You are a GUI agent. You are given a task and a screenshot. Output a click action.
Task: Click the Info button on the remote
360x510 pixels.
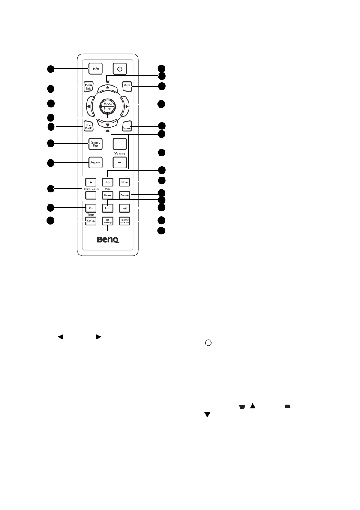[95, 68]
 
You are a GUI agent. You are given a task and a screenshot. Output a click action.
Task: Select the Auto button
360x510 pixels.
[127, 85]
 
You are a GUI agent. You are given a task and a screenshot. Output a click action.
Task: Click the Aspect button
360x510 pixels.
[95, 162]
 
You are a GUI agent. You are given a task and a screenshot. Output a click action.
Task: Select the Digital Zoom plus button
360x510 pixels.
[90, 182]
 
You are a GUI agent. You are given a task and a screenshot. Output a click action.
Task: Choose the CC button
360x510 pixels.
[108, 208]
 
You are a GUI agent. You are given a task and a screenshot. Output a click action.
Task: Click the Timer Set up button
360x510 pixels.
[91, 221]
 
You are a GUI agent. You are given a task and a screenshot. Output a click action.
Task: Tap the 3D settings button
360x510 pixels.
[108, 221]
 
